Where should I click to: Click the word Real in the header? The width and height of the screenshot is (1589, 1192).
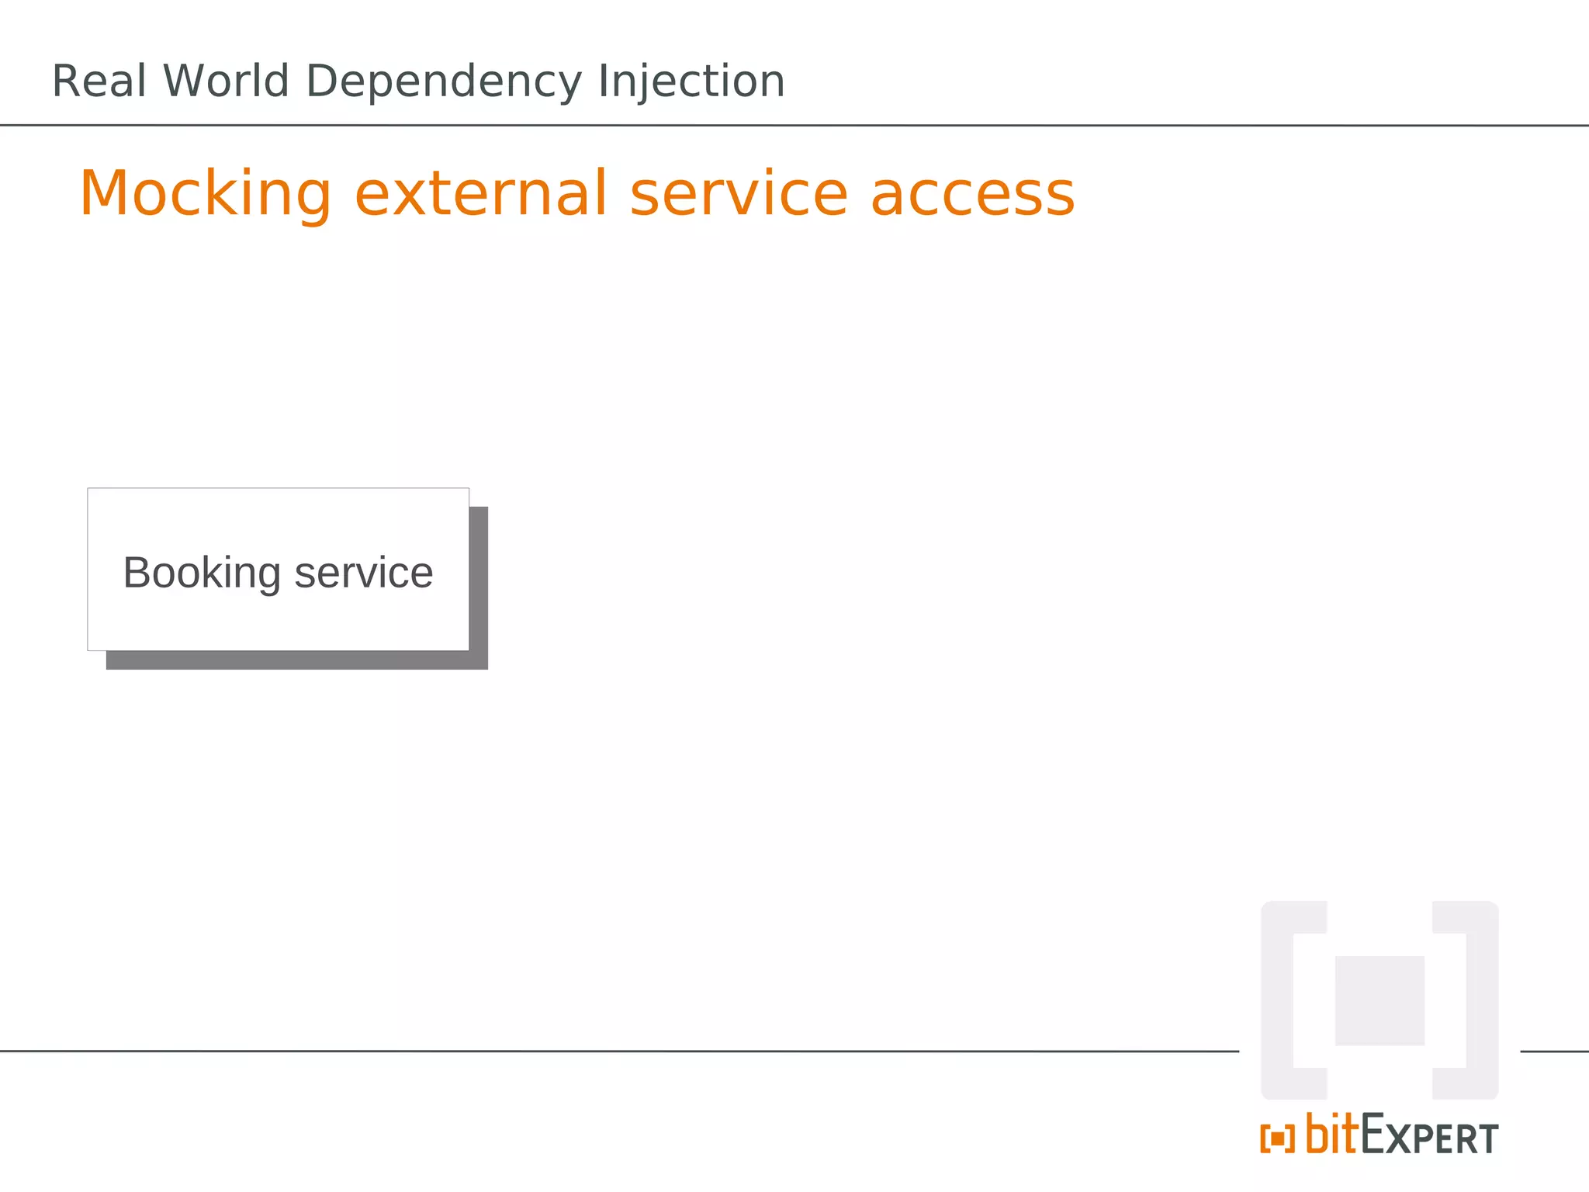tap(99, 81)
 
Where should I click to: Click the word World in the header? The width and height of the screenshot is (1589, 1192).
tap(226, 81)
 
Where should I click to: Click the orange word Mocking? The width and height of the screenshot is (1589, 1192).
tap(206, 194)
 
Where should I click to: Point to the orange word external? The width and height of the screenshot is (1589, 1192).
tap(481, 194)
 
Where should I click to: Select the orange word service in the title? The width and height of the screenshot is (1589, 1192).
tap(739, 194)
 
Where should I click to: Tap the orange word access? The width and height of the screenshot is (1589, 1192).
tap(973, 194)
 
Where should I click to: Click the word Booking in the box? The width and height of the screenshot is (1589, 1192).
tap(202, 573)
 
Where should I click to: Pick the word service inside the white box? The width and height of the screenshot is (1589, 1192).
tap(363, 573)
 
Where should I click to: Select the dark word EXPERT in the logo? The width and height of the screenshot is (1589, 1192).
tap(1429, 1136)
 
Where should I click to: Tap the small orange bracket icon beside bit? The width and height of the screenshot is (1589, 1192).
tap(1277, 1139)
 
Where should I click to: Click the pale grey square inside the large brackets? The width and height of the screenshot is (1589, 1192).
tap(1380, 1000)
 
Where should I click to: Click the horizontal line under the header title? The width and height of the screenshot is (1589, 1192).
tap(794, 125)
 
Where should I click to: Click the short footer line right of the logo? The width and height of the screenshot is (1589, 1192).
tap(1554, 1052)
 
